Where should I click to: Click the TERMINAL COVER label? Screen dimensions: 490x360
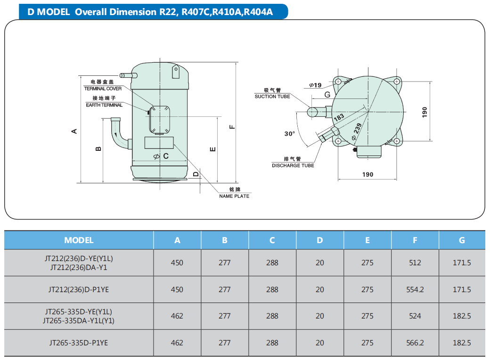tap(103, 89)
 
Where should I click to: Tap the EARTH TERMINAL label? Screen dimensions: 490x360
tap(104, 105)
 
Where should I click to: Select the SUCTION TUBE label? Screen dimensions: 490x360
tap(272, 97)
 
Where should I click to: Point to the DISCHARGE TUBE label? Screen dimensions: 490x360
tap(293, 165)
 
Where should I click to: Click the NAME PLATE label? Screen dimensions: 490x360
tap(234, 196)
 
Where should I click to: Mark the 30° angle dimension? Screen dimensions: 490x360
tap(290, 134)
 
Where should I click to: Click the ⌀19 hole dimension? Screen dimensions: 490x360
tap(315, 85)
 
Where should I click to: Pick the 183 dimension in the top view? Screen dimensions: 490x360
tap(339, 117)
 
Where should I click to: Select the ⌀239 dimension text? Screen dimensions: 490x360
tap(357, 131)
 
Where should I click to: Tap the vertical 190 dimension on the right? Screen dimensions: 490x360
tap(425, 112)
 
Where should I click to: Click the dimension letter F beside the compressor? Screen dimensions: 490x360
tap(232, 127)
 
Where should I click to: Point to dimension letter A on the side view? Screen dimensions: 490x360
tap(74, 131)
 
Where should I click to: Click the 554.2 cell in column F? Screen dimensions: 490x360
tap(415, 290)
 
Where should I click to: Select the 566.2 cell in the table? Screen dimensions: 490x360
tap(415, 343)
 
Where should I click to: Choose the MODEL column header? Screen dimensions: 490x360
tap(79, 240)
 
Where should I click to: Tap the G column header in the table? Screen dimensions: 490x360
tap(462, 240)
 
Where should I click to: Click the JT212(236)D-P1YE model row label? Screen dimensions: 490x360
tap(79, 290)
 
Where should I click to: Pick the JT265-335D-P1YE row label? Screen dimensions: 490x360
tap(79, 343)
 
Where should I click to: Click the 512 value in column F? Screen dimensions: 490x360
tap(415, 263)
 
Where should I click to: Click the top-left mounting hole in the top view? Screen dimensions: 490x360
tap(338, 82)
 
